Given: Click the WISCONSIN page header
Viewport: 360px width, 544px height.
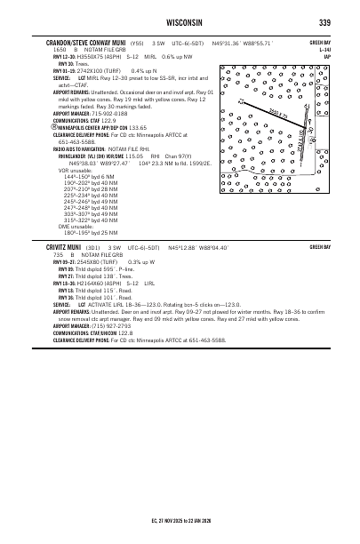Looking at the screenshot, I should click(x=180, y=21).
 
